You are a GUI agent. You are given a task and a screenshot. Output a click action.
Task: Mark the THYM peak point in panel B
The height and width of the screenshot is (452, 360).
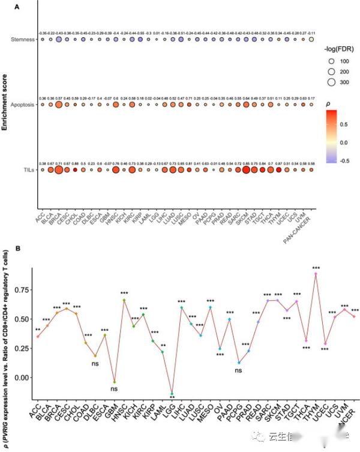(315, 274)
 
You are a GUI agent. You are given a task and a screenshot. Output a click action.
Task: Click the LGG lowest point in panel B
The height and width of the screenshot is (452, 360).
(172, 393)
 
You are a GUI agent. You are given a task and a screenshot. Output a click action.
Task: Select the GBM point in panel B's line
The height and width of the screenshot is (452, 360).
(115, 382)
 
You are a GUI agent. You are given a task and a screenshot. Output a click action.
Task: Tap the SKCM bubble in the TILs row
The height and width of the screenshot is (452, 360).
(245, 170)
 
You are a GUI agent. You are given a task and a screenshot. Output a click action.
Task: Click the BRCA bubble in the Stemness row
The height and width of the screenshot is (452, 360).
(59, 40)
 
